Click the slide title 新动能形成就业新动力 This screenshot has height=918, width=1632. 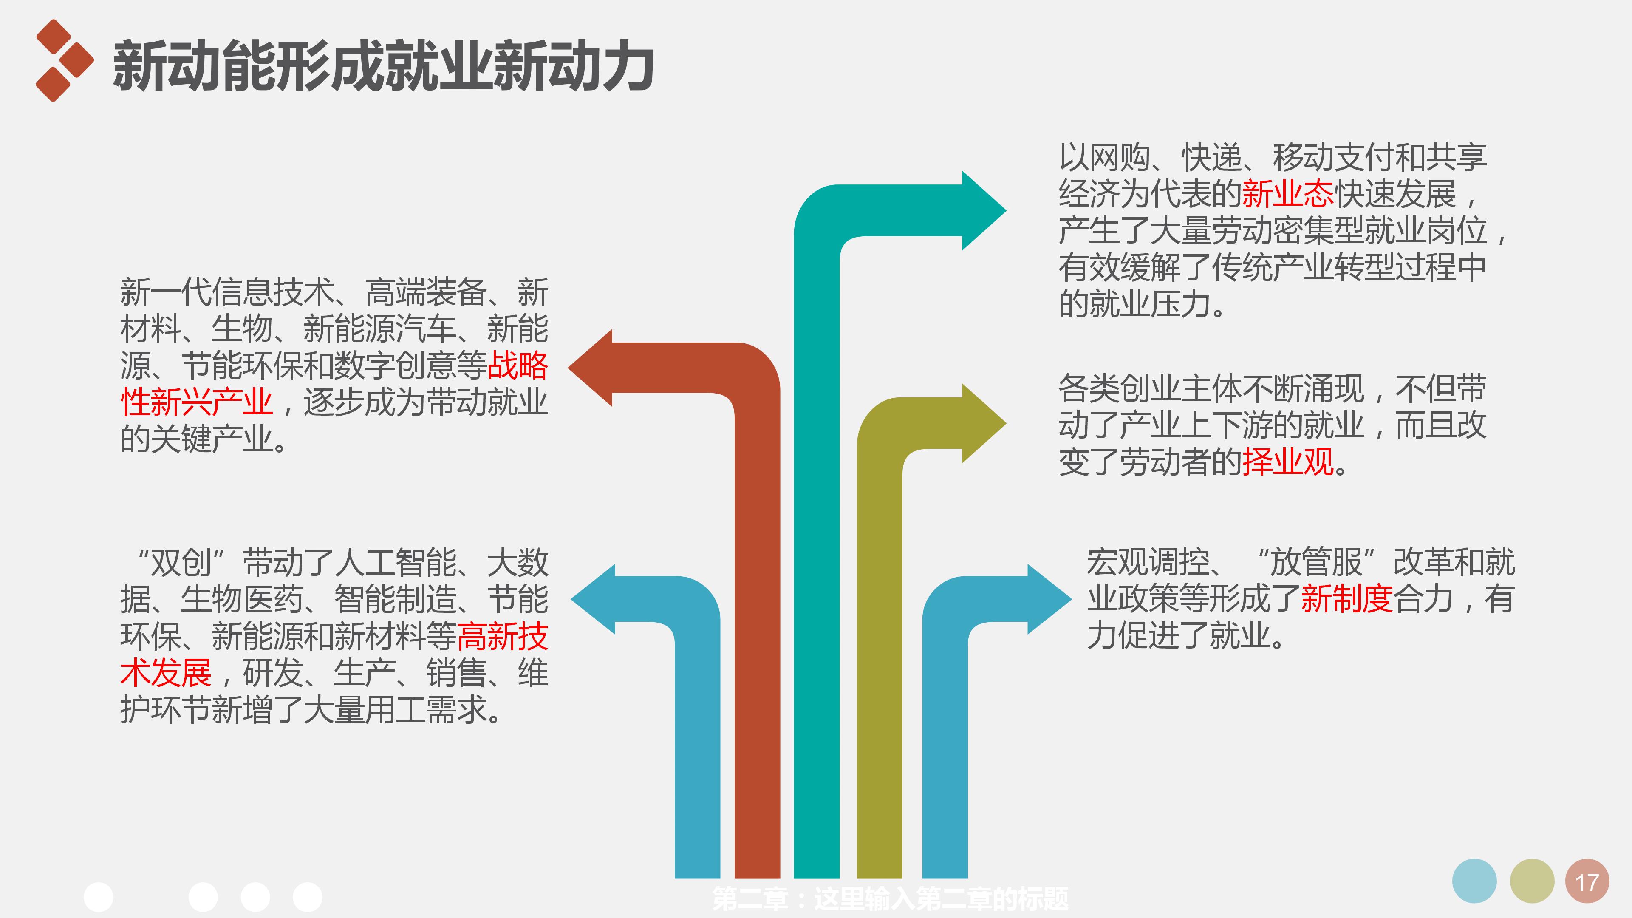coord(383,66)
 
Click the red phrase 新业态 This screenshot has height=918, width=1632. coord(1287,194)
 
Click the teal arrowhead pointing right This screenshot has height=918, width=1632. coord(982,210)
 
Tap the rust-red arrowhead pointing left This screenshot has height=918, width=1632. coord(592,368)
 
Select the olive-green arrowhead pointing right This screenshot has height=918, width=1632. coord(982,422)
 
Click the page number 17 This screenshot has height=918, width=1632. coord(1587,882)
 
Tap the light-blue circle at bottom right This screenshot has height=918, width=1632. coord(1474,881)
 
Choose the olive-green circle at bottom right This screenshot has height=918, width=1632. coord(1531,881)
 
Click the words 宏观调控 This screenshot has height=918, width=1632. coord(1147,562)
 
